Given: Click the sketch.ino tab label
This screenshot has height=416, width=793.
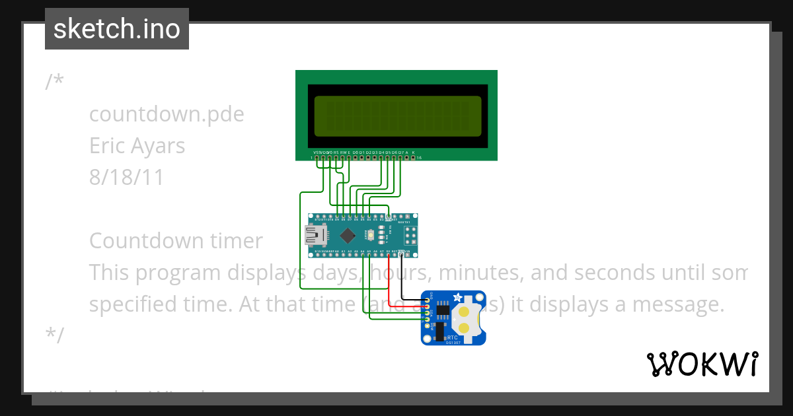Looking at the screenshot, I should point(117,29).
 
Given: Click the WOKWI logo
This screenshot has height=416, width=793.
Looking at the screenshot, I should point(702,364).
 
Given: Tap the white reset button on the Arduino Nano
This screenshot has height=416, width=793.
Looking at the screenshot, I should point(371,235).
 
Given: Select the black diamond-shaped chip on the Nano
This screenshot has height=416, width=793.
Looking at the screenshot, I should point(348,235).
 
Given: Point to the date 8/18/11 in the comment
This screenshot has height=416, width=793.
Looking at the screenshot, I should point(126,177).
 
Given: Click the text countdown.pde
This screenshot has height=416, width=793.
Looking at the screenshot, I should point(167,114).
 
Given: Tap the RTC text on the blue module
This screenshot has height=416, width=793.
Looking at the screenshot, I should point(452,337).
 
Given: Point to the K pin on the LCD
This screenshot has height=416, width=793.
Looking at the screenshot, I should point(414,158).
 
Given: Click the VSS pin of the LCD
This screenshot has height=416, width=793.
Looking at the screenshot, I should point(317,158).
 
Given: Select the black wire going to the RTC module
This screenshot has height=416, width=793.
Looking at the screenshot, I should point(402,277).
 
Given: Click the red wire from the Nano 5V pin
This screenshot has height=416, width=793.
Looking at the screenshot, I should point(389,284).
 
